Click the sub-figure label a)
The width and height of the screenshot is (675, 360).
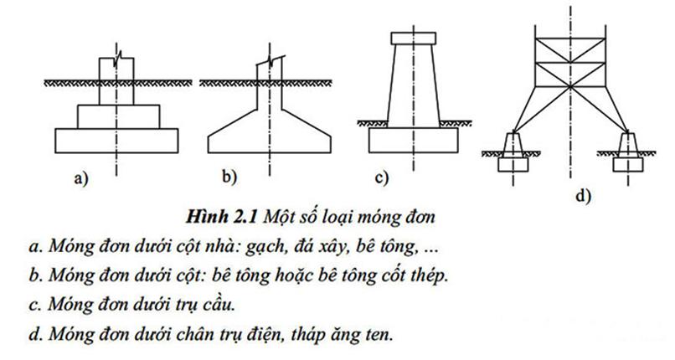tap(80, 177)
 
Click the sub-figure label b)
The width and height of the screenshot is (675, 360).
tap(229, 177)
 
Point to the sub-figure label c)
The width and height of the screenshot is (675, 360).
tap(381, 177)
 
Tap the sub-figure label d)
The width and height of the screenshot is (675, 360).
tap(584, 196)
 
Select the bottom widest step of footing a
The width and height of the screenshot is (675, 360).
tap(116, 141)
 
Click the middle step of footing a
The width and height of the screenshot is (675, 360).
tap(118, 116)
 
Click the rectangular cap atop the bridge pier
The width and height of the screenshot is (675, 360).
tap(413, 39)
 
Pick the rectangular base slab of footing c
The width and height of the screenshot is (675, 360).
tap(413, 140)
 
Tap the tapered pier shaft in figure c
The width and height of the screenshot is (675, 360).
tap(413, 86)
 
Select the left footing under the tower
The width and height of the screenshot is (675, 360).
tap(513, 152)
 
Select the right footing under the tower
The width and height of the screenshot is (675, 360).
tap(628, 152)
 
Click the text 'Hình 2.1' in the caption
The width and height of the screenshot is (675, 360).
tap(221, 216)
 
